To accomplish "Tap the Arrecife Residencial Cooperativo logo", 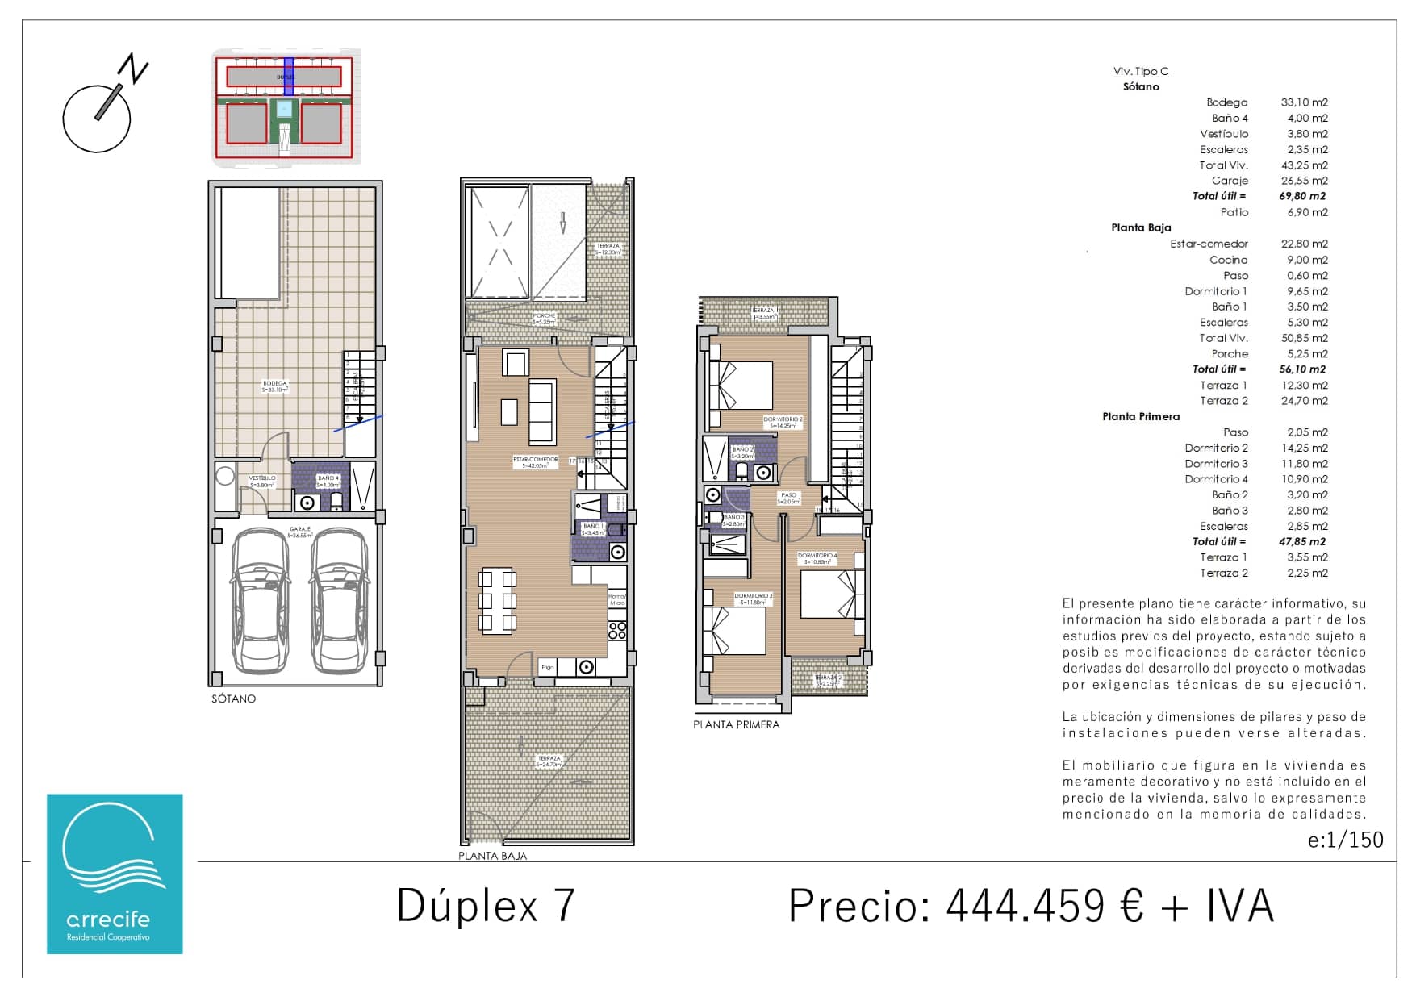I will click(115, 874).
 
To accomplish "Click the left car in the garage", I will click(260, 601).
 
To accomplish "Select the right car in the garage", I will click(339, 601).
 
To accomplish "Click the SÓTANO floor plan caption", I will click(233, 699).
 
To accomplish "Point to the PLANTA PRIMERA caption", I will click(736, 724).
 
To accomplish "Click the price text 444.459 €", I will click(1045, 905).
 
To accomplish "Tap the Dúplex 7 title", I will click(486, 905).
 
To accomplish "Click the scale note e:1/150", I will click(1345, 840).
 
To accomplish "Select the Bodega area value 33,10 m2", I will click(1304, 102).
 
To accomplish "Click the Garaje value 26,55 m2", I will click(1304, 181).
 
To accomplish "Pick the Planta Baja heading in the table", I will click(1140, 227).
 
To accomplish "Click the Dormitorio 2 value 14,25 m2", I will click(1307, 448).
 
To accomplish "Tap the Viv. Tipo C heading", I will click(1140, 71).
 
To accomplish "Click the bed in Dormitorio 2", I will click(740, 386).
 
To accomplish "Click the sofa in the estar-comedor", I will click(542, 412).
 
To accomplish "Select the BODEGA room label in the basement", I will click(274, 386).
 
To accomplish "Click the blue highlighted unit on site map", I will click(288, 77).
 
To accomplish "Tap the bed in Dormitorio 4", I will click(832, 594).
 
